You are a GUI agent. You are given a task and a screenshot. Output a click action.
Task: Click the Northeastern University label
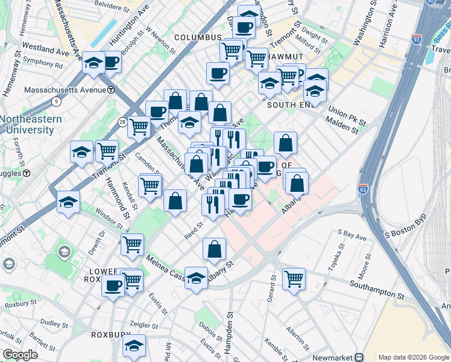pos(31,124)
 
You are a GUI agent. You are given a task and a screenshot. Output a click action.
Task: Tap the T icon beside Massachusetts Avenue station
pos(111,90)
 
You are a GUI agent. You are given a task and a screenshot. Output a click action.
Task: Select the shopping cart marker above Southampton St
pos(294,278)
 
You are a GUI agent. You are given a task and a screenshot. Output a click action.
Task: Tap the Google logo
pos(20,355)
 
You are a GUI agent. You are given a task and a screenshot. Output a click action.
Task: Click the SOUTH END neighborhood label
pos(289,104)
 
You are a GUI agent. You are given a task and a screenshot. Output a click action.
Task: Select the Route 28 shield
pos(122,122)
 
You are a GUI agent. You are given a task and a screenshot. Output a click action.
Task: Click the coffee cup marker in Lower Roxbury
pos(113,286)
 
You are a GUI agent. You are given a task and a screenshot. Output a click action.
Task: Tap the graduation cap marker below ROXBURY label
pos(134,346)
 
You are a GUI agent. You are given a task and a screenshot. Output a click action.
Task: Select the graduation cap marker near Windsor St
pos(69,202)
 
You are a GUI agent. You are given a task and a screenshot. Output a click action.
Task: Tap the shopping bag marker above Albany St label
pos(215,249)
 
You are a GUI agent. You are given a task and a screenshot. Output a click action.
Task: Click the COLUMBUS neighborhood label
pos(198,37)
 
